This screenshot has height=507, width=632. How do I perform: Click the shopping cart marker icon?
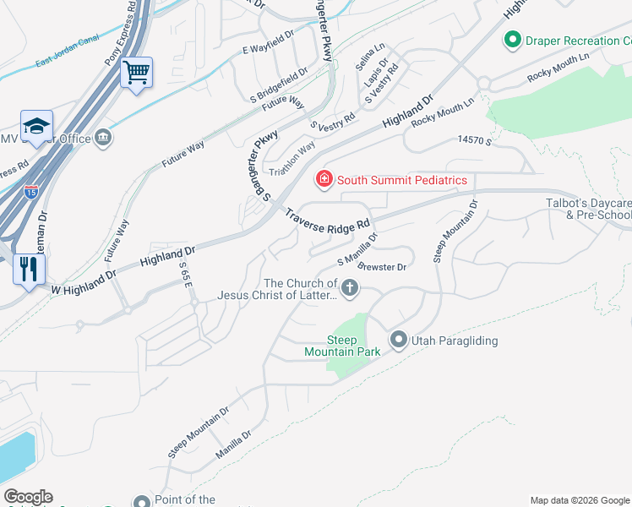click(x=135, y=72)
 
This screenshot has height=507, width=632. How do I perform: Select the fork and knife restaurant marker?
click(x=30, y=269)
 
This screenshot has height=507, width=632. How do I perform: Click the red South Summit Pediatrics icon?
click(x=324, y=179)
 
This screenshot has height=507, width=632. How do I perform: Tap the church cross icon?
click(x=348, y=290)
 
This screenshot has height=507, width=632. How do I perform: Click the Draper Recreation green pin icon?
click(x=511, y=40)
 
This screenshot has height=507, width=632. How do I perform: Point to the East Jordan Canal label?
click(x=68, y=52)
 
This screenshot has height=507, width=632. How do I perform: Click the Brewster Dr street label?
click(x=383, y=266)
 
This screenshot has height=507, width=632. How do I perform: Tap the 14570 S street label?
click(x=474, y=140)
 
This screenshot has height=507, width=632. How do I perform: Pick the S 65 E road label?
click(x=186, y=274)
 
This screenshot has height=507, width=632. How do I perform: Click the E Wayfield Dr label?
click(x=268, y=49)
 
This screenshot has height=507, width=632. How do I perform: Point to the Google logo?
click(x=28, y=497)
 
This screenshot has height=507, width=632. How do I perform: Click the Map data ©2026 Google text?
click(x=579, y=500)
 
